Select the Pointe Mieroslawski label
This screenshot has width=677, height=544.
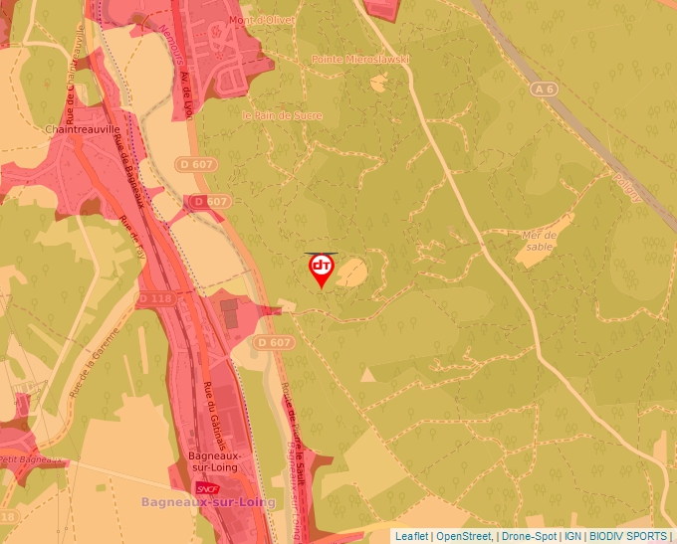[x=359, y=60]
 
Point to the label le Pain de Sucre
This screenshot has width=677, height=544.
[x=282, y=115]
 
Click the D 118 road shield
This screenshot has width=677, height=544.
[x=155, y=298]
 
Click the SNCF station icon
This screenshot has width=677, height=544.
[x=207, y=488]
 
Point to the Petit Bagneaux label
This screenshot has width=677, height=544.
[x=25, y=459]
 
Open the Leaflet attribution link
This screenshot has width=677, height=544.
[x=411, y=536]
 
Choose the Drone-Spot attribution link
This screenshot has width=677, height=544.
[x=529, y=536]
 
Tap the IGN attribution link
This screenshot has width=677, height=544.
[x=572, y=536]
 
